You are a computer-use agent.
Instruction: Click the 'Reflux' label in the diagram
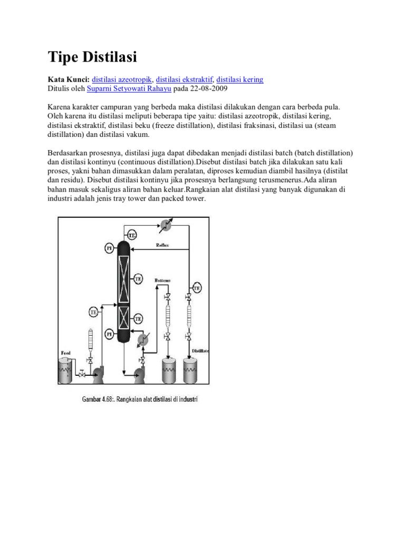[162, 245]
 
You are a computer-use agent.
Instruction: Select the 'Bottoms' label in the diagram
[162, 281]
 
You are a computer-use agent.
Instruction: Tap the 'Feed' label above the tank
[66, 352]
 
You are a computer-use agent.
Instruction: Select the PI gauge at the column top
[109, 247]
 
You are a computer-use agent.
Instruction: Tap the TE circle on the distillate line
[196, 287]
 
